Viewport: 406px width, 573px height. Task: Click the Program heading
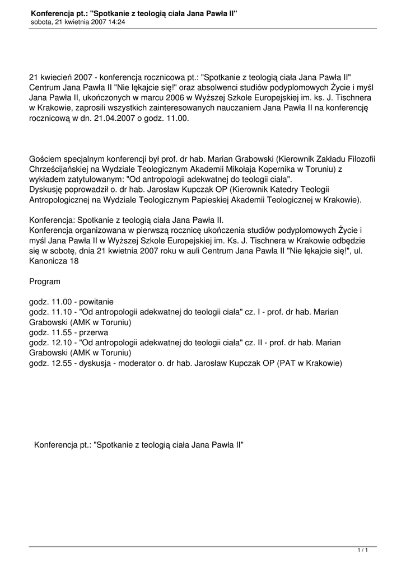pos(45,282)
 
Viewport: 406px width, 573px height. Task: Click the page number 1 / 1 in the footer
pos(362,551)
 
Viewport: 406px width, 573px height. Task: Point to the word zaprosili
pos(91,109)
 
